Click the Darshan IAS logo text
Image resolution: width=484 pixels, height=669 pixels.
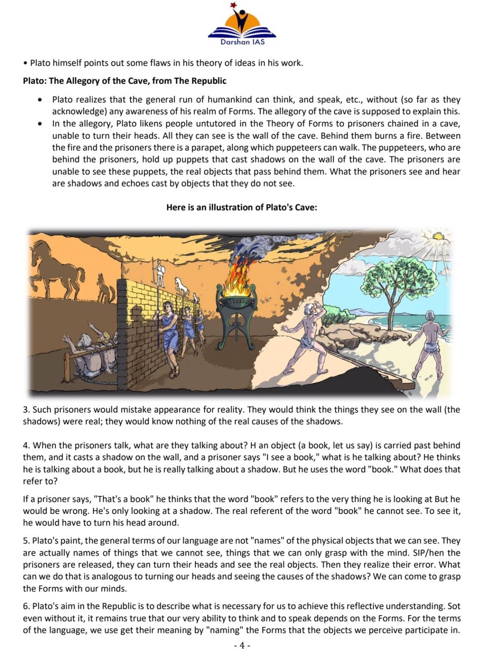(242, 42)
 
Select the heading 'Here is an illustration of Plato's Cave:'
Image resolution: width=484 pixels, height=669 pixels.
(242, 207)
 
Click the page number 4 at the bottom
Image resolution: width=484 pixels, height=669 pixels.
(242, 646)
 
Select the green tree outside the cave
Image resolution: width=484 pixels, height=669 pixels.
(389, 280)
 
